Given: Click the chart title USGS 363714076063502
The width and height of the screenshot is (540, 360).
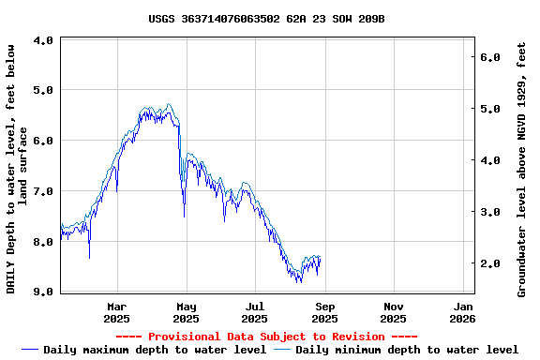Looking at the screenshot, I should coord(266,19).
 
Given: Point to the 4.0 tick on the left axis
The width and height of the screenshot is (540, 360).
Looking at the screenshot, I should coord(43,41).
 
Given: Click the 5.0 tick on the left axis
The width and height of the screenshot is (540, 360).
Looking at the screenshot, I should coord(43,91).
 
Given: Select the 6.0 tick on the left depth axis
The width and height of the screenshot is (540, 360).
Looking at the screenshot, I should coord(43,142).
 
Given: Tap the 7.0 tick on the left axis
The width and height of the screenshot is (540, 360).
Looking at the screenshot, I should coord(43,192).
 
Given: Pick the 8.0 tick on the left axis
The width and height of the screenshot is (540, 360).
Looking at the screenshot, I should coord(43,242).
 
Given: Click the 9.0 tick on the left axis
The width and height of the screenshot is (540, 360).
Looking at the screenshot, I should coord(43,292).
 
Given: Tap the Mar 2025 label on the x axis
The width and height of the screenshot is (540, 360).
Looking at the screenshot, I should coord(117,312).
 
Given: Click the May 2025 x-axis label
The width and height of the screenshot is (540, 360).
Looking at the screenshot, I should coord(187,312).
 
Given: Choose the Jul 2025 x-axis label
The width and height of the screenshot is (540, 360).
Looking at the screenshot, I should coord(255,312).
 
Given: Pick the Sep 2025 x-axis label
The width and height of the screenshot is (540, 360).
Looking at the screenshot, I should coord(324,312).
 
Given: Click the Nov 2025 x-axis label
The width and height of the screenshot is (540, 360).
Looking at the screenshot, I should coord(394,312).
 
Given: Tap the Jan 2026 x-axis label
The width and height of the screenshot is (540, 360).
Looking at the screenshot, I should coord(463,312).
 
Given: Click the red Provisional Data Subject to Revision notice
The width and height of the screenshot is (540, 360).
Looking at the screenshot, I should coord(266,337).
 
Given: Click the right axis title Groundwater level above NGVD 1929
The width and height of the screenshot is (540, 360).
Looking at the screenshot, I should coord(522,169).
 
